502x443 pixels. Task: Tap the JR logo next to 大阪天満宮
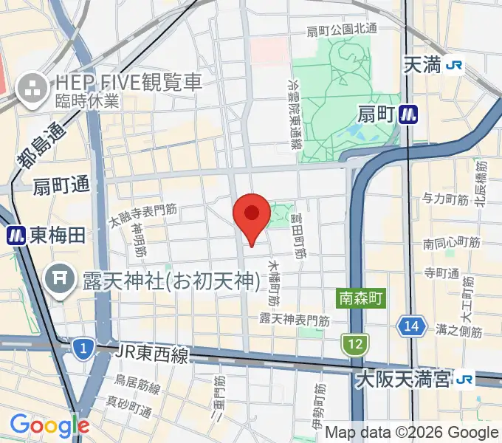[465, 380]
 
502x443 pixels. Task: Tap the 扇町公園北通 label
[342, 30]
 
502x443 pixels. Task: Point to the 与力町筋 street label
[445, 199]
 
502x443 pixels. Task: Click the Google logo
[49, 425]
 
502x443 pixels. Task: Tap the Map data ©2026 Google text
[412, 433]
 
